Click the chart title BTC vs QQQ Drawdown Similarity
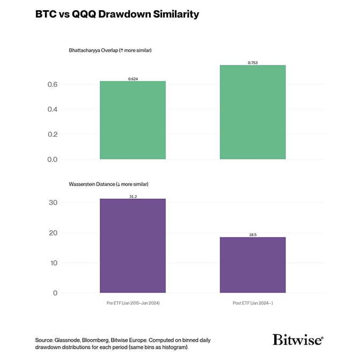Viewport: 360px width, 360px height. pos(117,14)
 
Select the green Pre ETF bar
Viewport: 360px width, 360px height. pos(133,120)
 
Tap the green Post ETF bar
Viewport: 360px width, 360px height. pos(252,112)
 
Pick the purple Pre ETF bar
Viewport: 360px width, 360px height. pos(133,246)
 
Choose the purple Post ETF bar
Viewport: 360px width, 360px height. pos(252,265)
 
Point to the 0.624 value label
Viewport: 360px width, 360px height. pos(133,79)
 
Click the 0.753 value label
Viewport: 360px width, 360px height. pos(253,63)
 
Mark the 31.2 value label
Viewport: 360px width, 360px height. pos(133,196)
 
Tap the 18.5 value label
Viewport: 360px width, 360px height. pos(253,235)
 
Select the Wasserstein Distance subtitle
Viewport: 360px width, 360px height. pos(108,184)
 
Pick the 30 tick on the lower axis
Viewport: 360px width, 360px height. pos(52,203)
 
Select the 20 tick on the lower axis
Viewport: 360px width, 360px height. pos(52,233)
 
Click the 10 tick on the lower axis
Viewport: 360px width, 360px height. pos(52,263)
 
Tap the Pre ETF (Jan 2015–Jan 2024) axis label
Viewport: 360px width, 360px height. pos(133,303)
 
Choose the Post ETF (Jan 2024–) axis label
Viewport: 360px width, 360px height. pos(252,303)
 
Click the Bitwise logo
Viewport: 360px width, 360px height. pos(298,340)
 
